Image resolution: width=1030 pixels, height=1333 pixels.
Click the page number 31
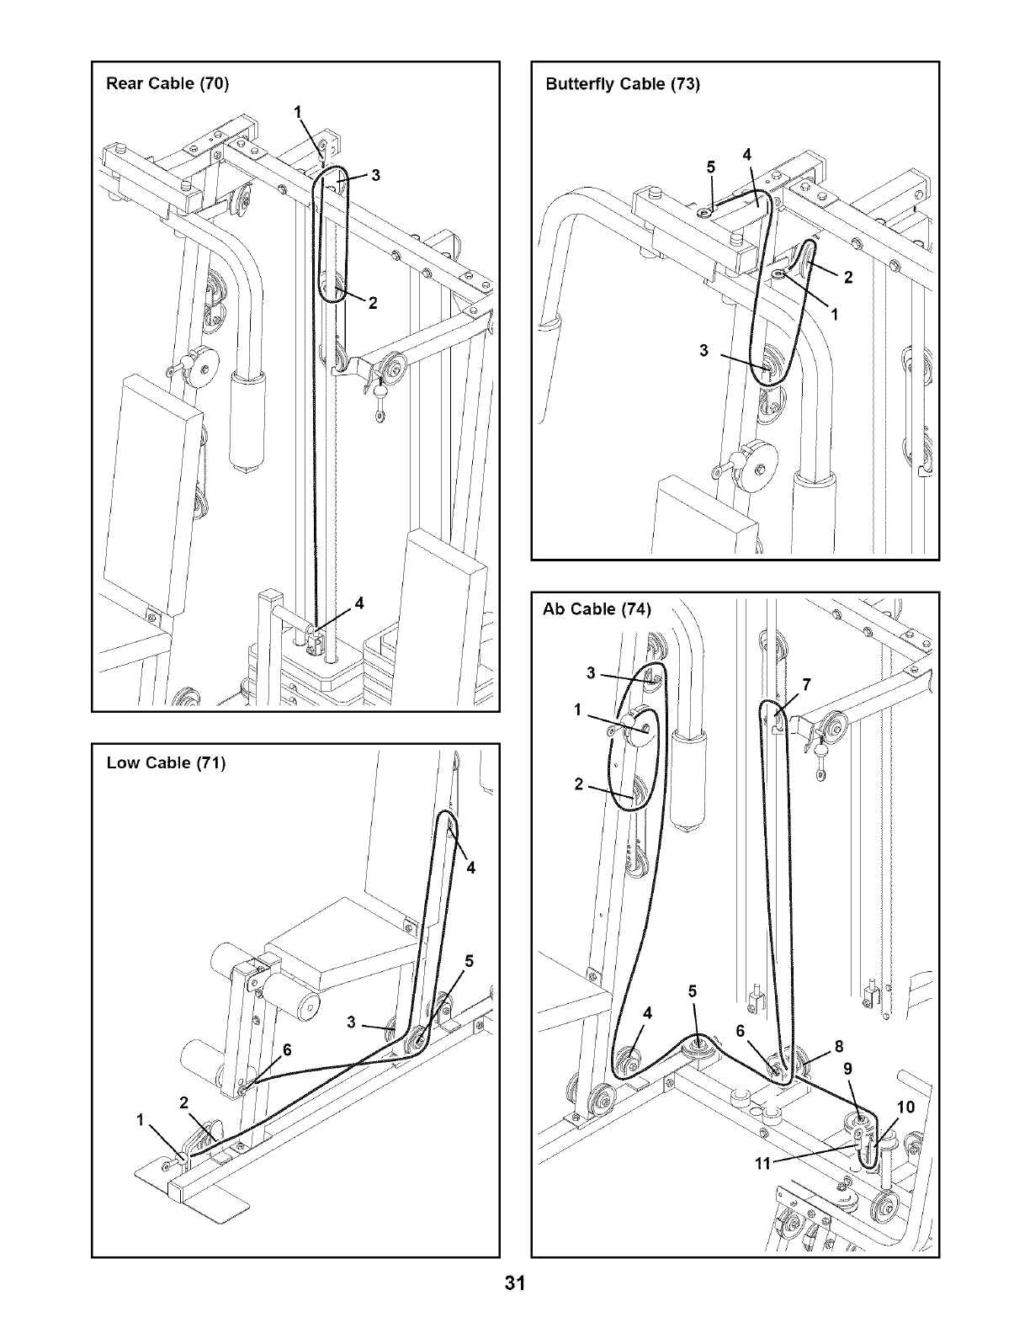coord(515,1283)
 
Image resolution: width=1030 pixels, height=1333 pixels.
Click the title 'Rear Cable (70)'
coord(167,83)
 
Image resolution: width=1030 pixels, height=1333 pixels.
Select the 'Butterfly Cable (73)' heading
coord(622,84)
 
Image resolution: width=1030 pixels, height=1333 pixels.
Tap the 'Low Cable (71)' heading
coord(166,763)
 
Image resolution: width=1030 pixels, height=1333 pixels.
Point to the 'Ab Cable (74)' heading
coord(597,610)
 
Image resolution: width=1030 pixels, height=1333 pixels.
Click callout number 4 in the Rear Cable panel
coord(359,603)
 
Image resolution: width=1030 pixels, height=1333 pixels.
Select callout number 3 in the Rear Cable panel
coord(375,175)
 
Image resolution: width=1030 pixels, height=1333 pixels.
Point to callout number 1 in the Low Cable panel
coord(140,1120)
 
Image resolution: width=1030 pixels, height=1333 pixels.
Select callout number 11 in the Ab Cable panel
coord(762,1165)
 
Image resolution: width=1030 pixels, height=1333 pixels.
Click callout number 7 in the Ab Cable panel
coord(805,684)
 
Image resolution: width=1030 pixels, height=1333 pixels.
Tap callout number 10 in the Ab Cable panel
coord(906,1107)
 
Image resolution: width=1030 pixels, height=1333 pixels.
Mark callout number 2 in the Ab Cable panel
coord(578,785)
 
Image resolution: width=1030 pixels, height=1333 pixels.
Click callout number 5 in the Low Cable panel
coord(469,960)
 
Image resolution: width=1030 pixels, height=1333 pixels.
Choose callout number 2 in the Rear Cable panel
coord(373,305)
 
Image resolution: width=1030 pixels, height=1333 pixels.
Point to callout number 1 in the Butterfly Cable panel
coord(834,315)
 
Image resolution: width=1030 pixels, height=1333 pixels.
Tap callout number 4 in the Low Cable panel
coord(470,868)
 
